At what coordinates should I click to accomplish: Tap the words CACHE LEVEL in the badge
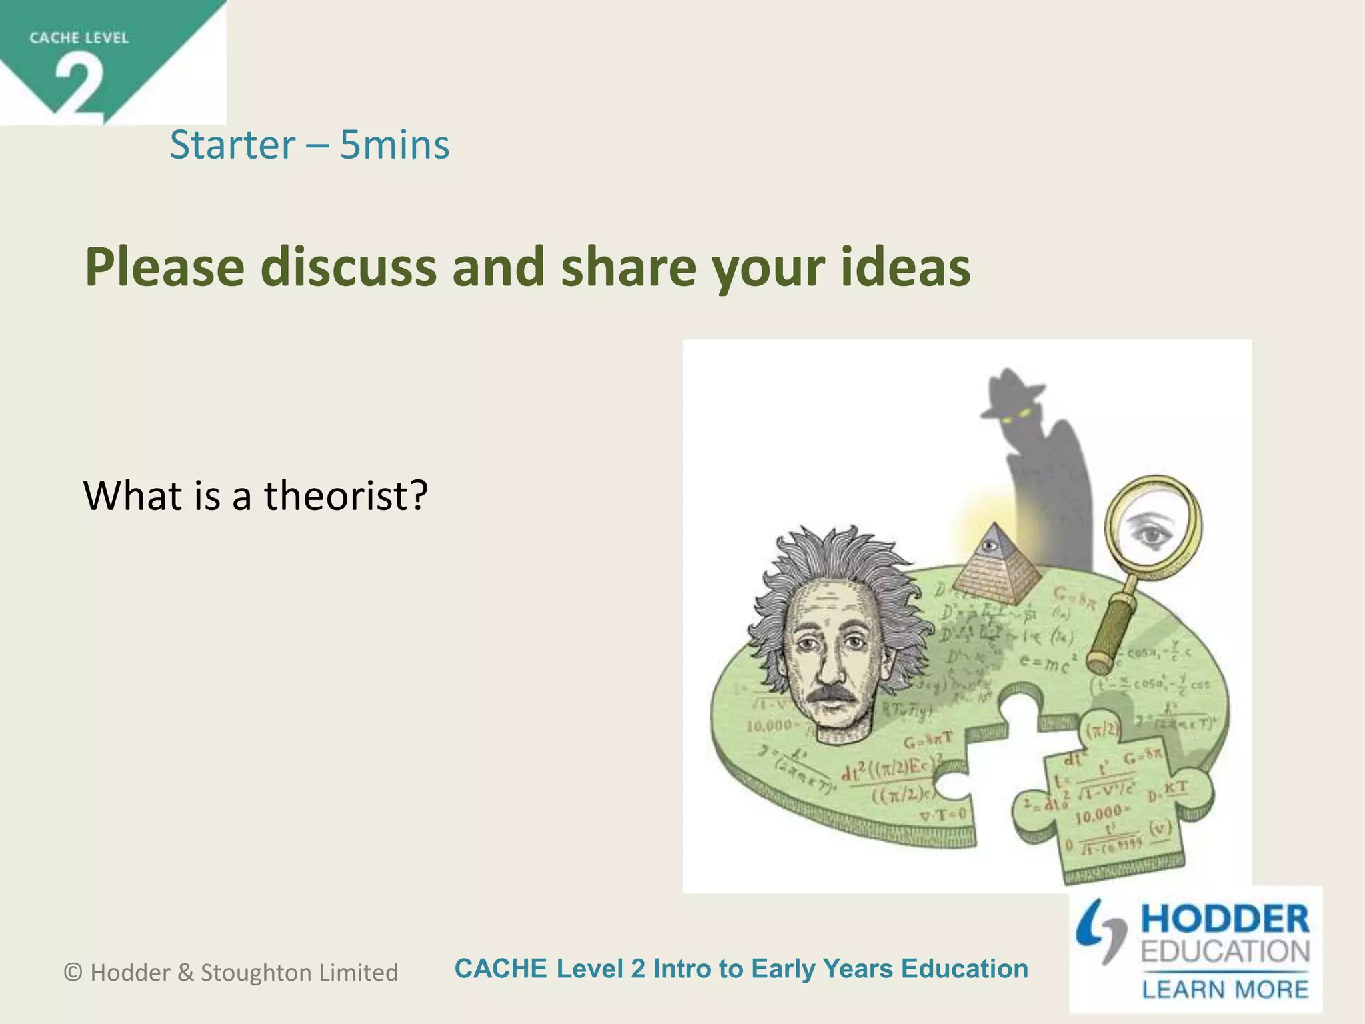point(79,38)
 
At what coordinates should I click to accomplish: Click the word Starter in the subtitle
point(232,145)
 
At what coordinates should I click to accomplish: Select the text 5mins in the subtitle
point(395,145)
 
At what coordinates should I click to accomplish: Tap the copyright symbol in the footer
point(73,973)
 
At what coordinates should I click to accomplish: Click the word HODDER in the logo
point(1225,919)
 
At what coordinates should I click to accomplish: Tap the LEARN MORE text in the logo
point(1225,989)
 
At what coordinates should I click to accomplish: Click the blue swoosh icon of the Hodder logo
point(1100,931)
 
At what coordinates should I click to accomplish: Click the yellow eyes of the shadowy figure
point(1012,416)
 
